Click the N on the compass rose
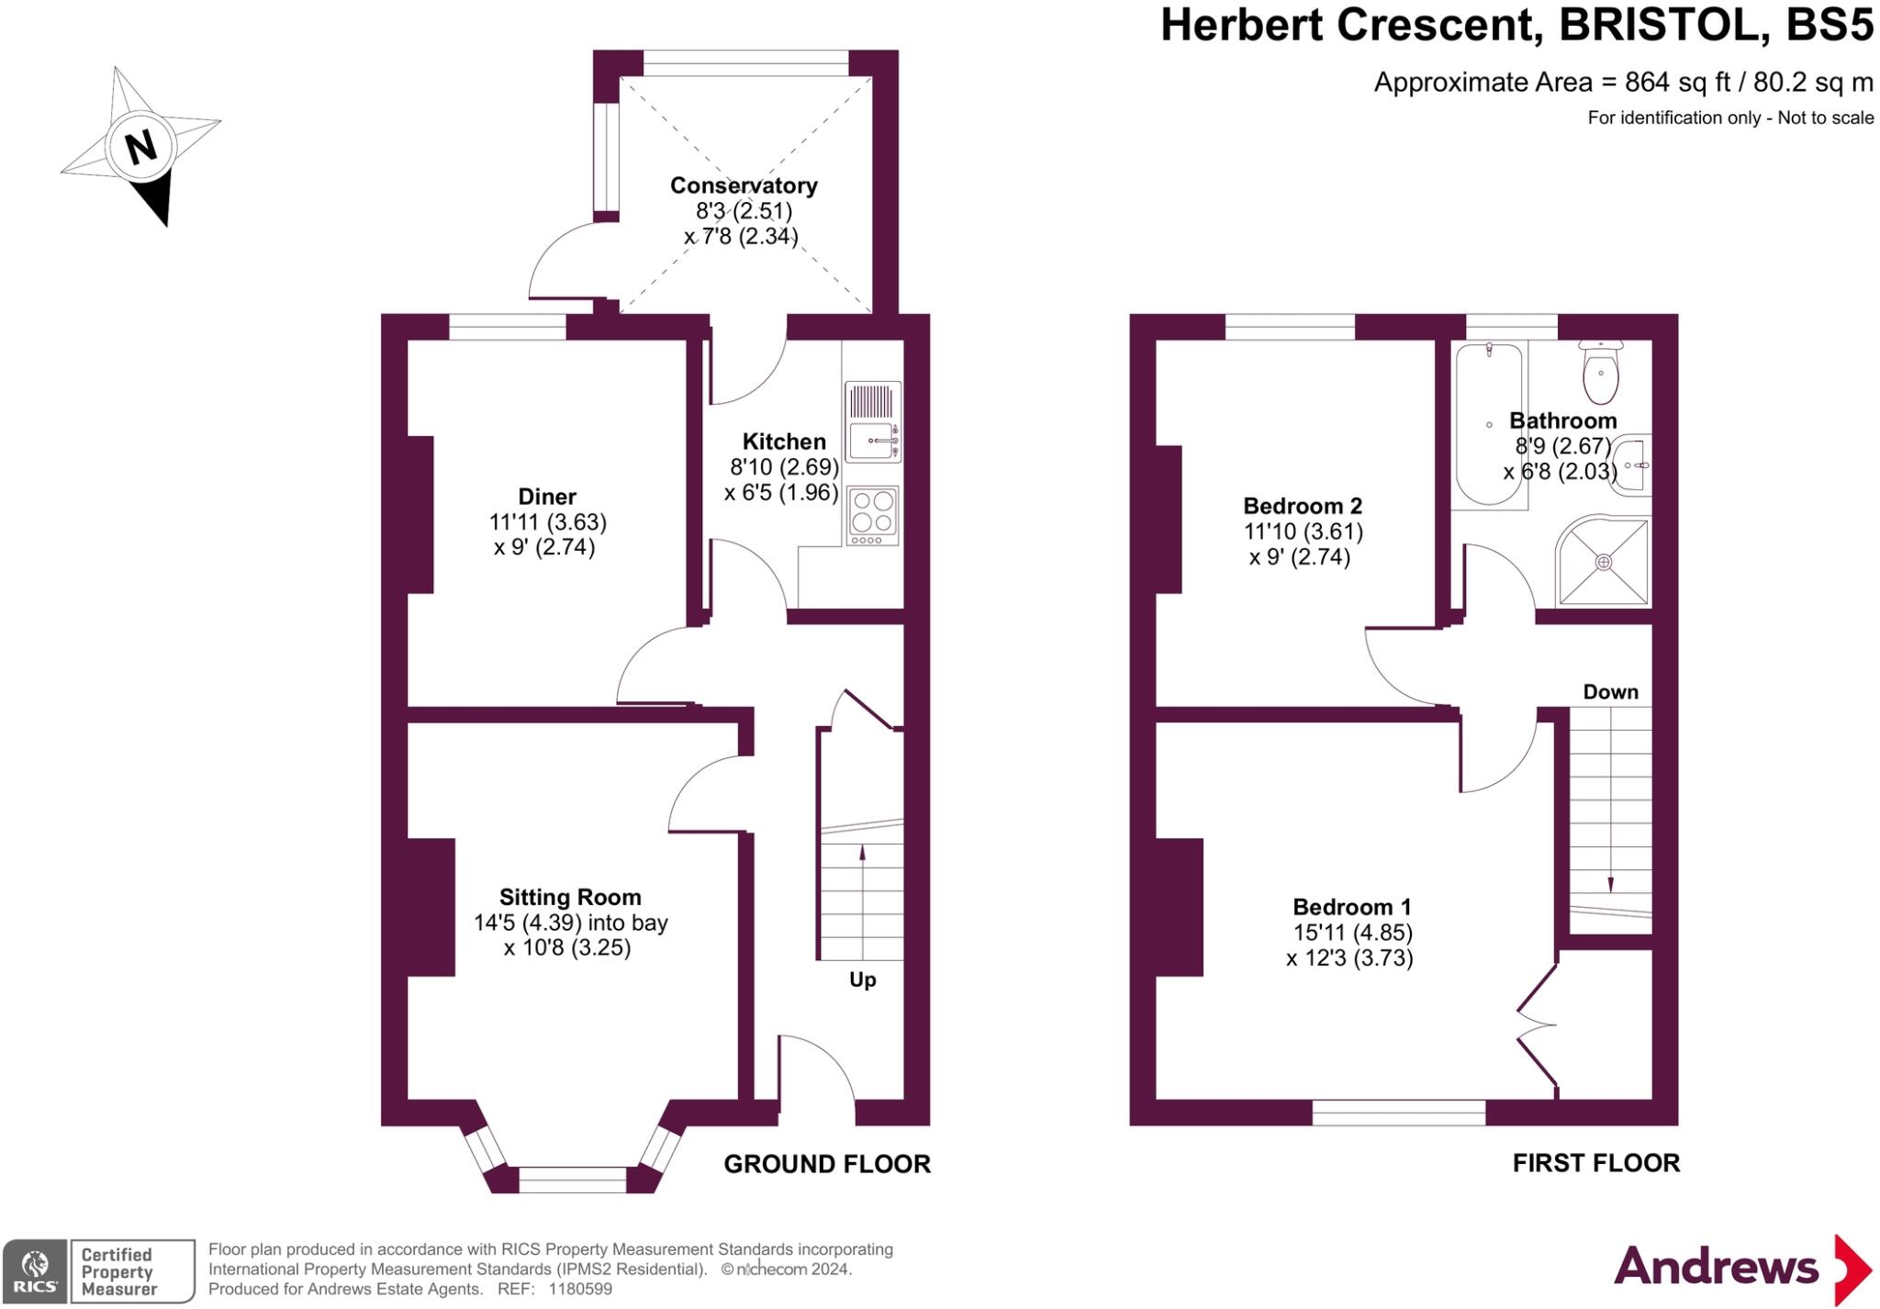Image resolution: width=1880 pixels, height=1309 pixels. point(140,147)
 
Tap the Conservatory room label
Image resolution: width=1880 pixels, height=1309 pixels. point(744,185)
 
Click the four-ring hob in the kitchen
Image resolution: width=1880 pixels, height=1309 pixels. point(873,512)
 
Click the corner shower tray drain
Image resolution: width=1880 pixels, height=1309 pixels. point(1603,562)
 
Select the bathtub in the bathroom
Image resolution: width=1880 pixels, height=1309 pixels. point(1489,424)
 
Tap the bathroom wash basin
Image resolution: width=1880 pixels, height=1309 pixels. point(1632,465)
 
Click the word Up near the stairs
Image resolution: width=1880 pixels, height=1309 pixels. point(862,979)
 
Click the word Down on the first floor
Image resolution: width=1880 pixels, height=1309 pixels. point(1610,692)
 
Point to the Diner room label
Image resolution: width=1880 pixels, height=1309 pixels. point(547,497)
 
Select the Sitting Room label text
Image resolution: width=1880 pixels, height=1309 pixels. point(570,897)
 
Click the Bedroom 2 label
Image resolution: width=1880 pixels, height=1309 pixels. point(1303,506)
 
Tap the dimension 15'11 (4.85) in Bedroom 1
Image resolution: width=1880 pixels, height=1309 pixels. point(1352,933)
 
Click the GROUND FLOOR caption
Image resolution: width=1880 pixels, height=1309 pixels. point(827,1164)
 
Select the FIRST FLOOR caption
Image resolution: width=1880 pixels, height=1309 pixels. point(1595,1163)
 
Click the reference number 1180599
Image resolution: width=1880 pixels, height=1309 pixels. point(580,1289)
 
